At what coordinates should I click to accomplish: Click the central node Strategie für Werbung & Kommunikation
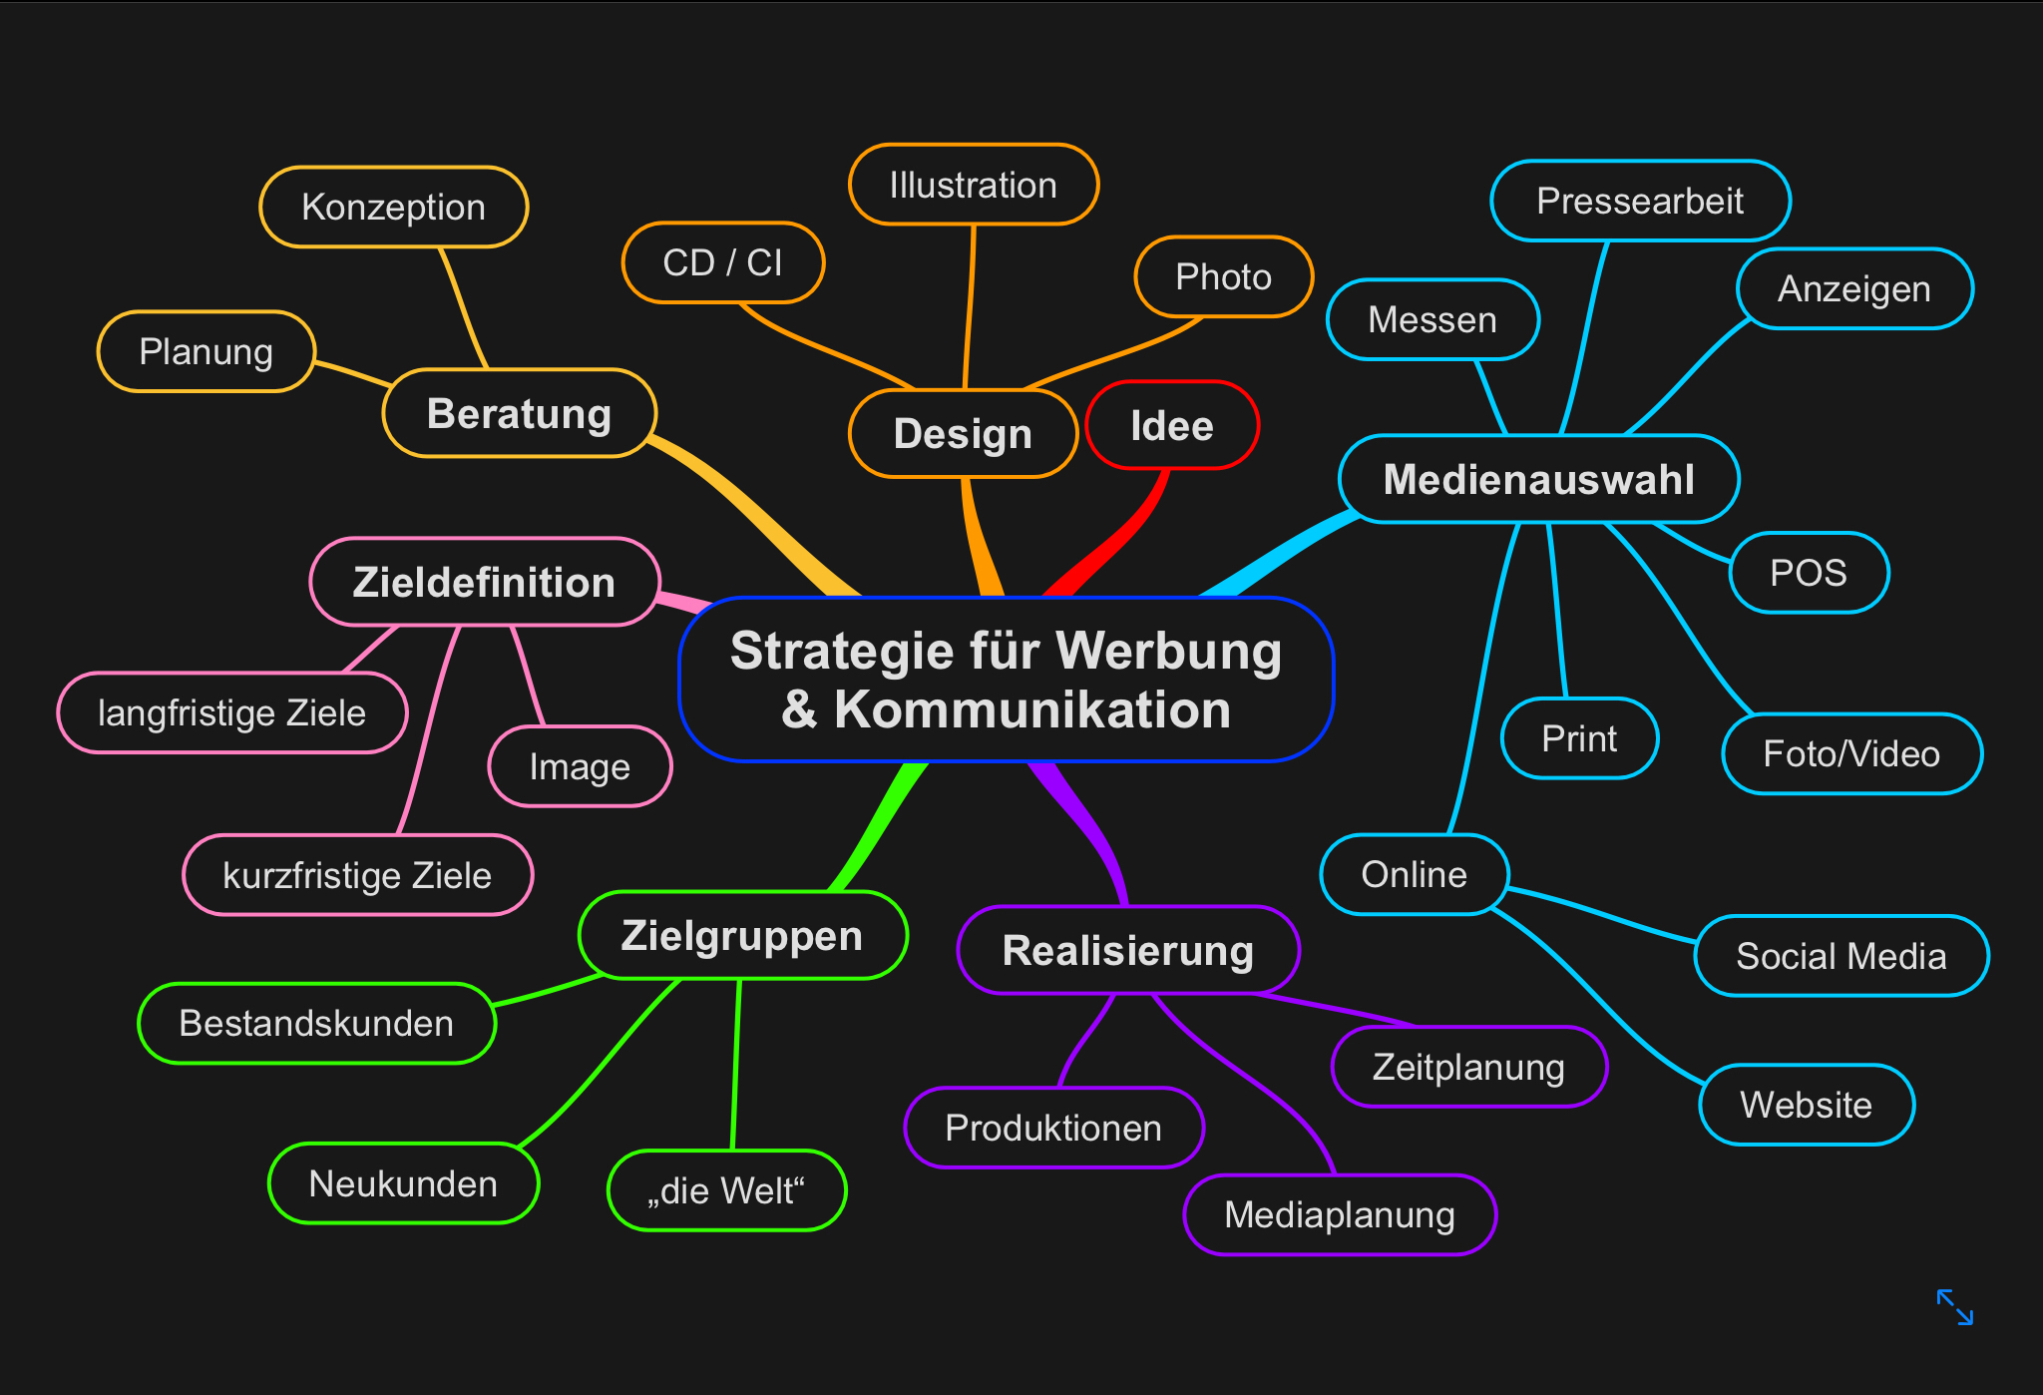tap(1006, 680)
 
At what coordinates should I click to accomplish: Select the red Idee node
tap(1172, 426)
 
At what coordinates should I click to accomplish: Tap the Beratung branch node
tap(519, 413)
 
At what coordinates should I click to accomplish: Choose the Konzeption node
tap(393, 208)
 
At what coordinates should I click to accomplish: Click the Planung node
tap(205, 352)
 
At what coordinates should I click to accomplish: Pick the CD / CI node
tap(723, 263)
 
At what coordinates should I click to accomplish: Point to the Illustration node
tap(973, 186)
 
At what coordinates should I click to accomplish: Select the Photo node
tap(1223, 277)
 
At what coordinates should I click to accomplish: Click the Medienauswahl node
tap(1538, 480)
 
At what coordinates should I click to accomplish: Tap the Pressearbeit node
tap(1640, 202)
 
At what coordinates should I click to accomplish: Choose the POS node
tap(1808, 573)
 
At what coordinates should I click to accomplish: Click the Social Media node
tap(1840, 956)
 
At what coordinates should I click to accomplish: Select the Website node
tap(1806, 1105)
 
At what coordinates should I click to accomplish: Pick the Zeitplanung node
tap(1468, 1068)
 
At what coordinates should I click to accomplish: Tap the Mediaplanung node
tap(1339, 1215)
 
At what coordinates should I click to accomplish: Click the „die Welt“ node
tap(726, 1191)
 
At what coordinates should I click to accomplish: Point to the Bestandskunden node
tap(316, 1024)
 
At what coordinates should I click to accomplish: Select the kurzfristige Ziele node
tap(357, 876)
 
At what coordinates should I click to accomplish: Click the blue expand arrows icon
tap(1954, 1307)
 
